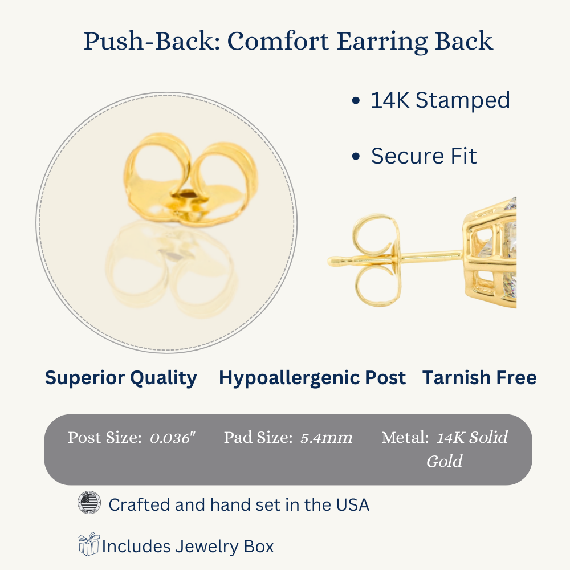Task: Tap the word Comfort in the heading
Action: [278, 40]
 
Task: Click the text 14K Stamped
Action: [440, 100]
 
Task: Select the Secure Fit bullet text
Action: [424, 156]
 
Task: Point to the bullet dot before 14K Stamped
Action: [356, 101]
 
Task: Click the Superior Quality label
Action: [121, 378]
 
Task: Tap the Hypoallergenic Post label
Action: [312, 378]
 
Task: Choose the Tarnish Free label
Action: [479, 378]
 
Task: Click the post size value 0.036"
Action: [173, 438]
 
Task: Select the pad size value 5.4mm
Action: [326, 438]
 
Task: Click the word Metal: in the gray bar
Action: [405, 437]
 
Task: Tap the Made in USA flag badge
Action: [89, 502]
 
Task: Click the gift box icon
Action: [89, 544]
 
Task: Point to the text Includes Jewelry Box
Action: [188, 547]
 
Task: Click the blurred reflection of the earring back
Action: [172, 268]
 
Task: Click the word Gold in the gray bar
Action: [444, 461]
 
